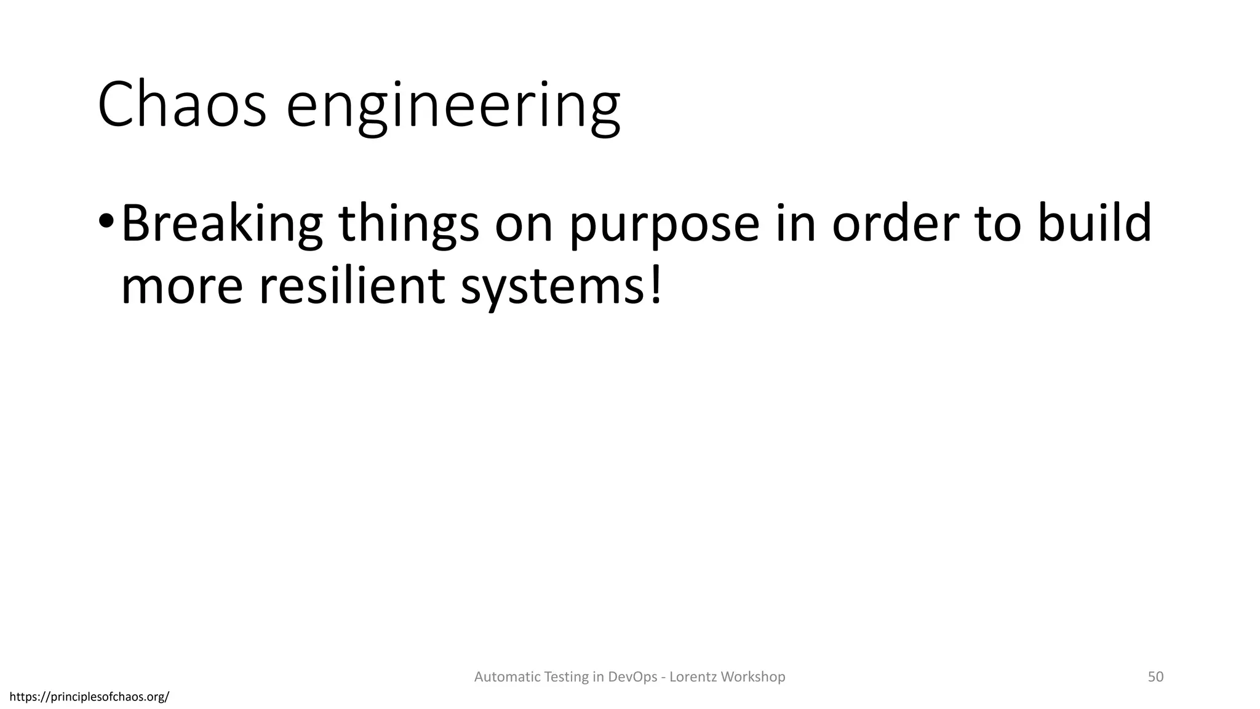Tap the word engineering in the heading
[453, 106]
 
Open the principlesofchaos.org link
[90, 697]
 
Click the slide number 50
[1155, 676]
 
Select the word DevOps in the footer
[632, 677]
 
